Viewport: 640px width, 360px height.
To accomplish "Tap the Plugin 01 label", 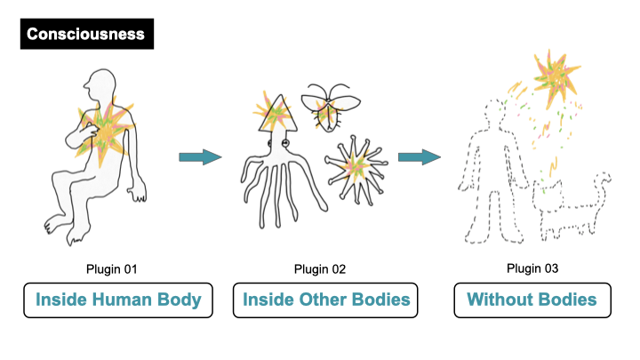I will click(x=118, y=268).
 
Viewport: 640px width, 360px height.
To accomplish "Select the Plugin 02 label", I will click(x=321, y=268).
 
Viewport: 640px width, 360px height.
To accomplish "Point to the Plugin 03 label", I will click(x=532, y=268).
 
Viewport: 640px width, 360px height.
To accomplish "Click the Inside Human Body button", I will click(x=118, y=300).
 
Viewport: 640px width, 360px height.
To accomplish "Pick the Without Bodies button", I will click(x=533, y=300).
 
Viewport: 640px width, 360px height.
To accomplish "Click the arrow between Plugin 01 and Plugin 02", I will click(x=200, y=157).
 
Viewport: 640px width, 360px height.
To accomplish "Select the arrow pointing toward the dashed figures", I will click(x=419, y=157).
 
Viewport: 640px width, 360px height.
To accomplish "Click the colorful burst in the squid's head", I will click(x=271, y=111).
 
